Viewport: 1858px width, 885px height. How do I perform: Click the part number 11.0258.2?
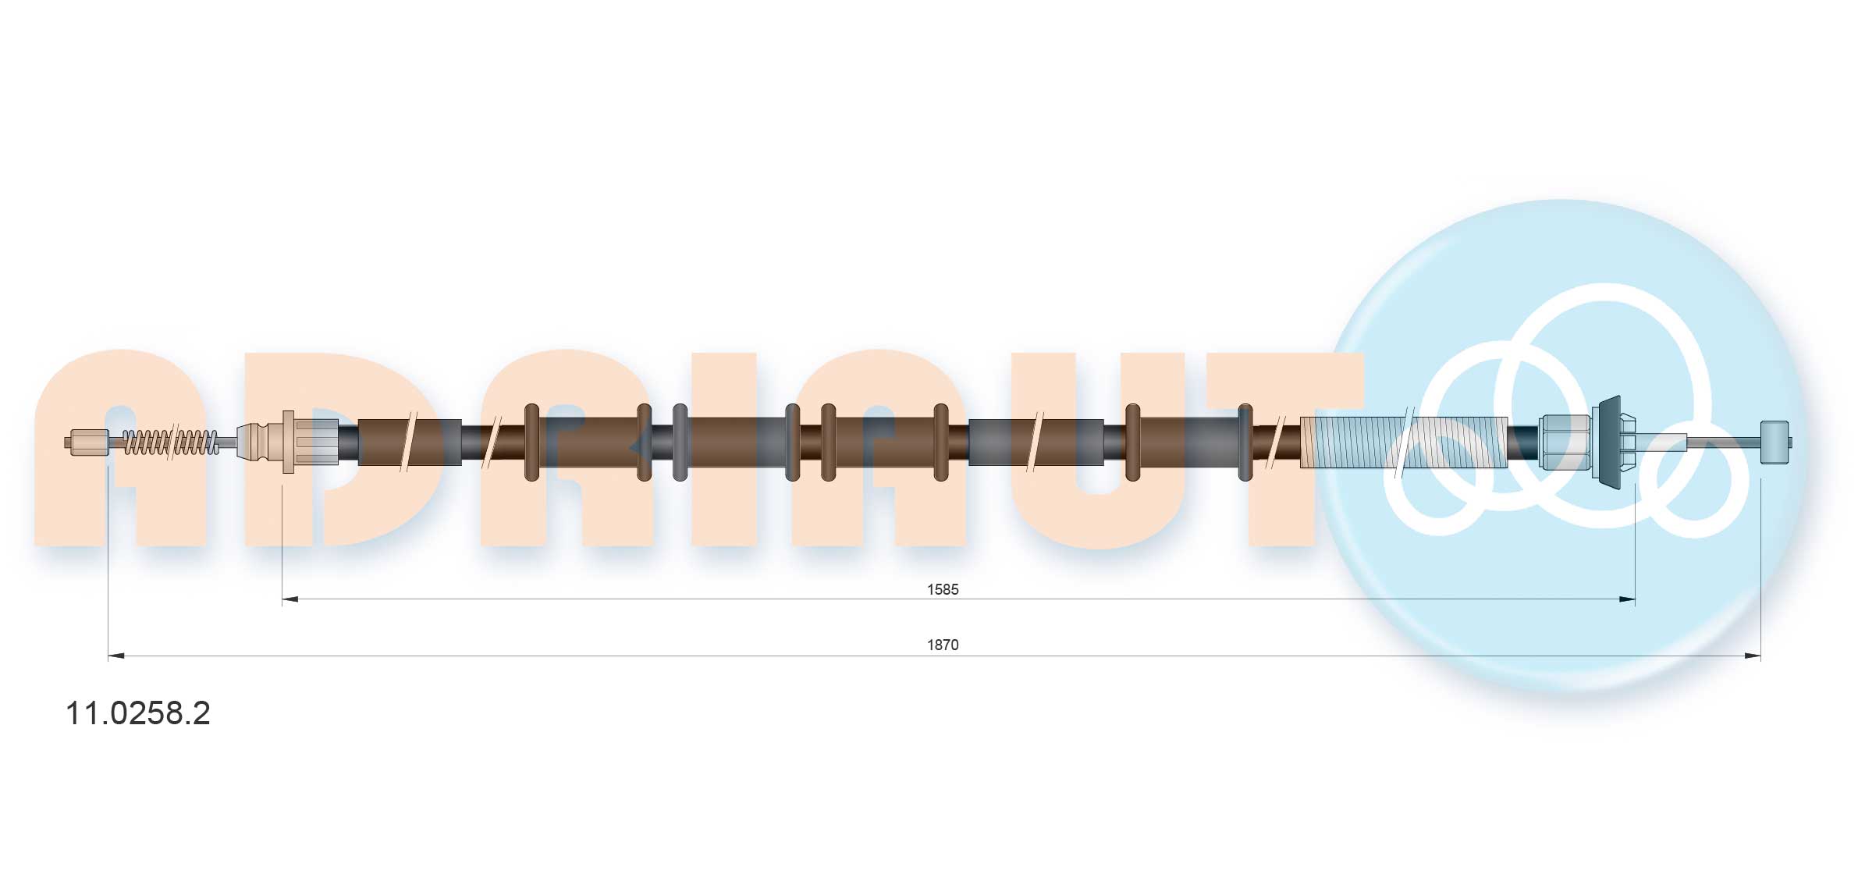[137, 713]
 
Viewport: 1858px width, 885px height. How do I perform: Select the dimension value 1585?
[942, 589]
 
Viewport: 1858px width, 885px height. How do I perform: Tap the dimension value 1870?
[942, 645]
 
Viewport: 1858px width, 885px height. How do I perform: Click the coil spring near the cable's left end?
[171, 442]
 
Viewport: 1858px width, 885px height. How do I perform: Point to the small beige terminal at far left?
[88, 442]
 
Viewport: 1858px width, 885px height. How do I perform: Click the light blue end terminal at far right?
[1774, 442]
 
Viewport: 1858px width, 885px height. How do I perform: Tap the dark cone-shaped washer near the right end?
[1608, 442]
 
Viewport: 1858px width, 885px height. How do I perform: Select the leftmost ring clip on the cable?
[531, 442]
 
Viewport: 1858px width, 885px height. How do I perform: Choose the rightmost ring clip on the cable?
[1245, 442]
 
